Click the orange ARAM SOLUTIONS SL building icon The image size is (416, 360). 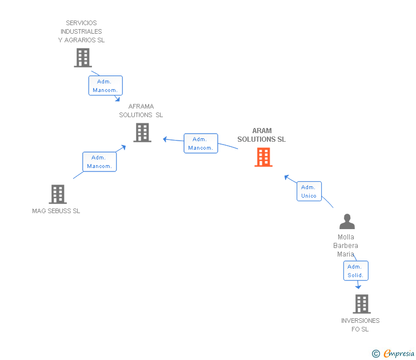(x=263, y=157)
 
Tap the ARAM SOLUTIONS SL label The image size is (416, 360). (x=262, y=135)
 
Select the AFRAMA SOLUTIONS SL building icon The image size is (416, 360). (x=142, y=133)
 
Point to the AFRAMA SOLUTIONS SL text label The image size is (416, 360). (x=141, y=111)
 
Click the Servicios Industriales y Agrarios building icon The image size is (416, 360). (x=83, y=58)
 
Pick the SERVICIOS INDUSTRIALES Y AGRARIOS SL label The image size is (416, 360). (x=82, y=31)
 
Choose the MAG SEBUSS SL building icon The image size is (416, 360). (x=58, y=194)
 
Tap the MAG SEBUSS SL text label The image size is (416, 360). (x=56, y=211)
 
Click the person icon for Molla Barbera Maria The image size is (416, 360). (x=347, y=222)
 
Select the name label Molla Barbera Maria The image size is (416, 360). (x=346, y=245)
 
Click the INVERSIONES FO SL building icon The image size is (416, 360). (x=361, y=304)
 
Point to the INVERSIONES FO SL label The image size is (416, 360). (x=360, y=325)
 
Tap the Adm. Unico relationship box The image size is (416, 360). (x=309, y=191)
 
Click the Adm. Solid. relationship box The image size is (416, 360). (x=355, y=271)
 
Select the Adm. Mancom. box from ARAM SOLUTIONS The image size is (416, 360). (x=201, y=143)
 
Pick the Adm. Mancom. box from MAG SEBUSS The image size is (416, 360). (x=99, y=162)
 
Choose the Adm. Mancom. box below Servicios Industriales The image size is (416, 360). (x=105, y=86)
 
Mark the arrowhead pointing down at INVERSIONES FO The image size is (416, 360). (x=358, y=286)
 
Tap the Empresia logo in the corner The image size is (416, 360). (x=394, y=354)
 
